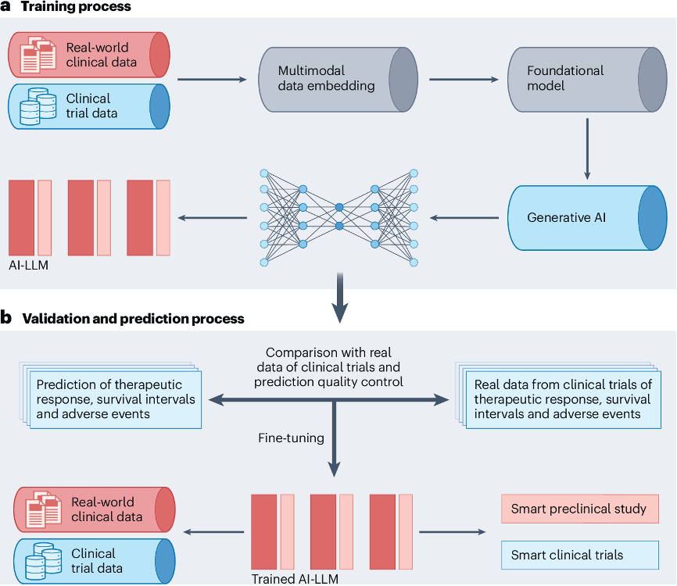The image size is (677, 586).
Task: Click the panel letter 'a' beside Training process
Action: (x=7, y=7)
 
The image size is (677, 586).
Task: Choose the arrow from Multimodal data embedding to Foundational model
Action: (x=464, y=79)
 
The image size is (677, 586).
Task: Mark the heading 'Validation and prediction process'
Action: (x=133, y=319)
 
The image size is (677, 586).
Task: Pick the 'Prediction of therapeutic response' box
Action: (x=115, y=399)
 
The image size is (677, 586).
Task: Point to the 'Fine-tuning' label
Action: (x=291, y=438)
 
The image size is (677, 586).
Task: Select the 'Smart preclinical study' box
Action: (x=578, y=509)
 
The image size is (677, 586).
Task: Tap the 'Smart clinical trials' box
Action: (x=578, y=556)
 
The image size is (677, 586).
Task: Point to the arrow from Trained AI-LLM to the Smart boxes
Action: (x=452, y=533)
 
